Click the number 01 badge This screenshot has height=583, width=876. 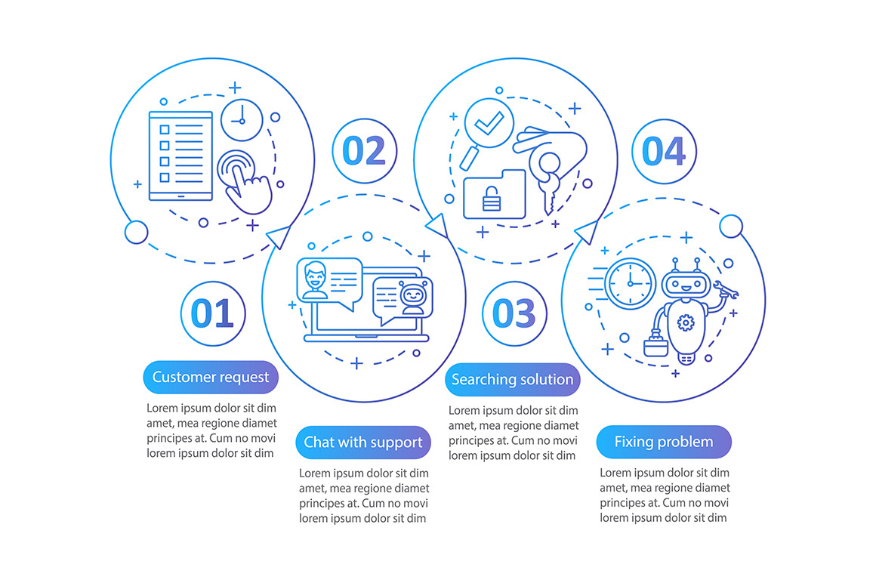coord(213,313)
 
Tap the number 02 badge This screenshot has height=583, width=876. coord(364,151)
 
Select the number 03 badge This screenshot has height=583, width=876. coord(514,313)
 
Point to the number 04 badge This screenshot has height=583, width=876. coord(664,151)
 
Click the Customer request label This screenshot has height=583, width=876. coord(211,378)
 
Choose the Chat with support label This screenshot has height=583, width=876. coord(363,443)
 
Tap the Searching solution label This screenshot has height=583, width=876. coord(512,380)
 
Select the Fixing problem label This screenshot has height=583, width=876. coord(664,442)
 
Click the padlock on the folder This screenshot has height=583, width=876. coord(492,199)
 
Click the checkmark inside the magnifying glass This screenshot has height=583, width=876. coord(489,123)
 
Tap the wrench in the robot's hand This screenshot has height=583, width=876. coord(726,290)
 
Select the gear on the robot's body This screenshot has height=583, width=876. coord(686,322)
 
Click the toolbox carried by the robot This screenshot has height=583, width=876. coord(656,344)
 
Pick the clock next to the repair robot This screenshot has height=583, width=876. coord(630,284)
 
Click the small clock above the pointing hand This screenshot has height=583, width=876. coord(242,120)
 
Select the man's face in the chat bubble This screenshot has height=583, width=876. coord(315,277)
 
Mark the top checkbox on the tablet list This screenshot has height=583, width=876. coord(165,130)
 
